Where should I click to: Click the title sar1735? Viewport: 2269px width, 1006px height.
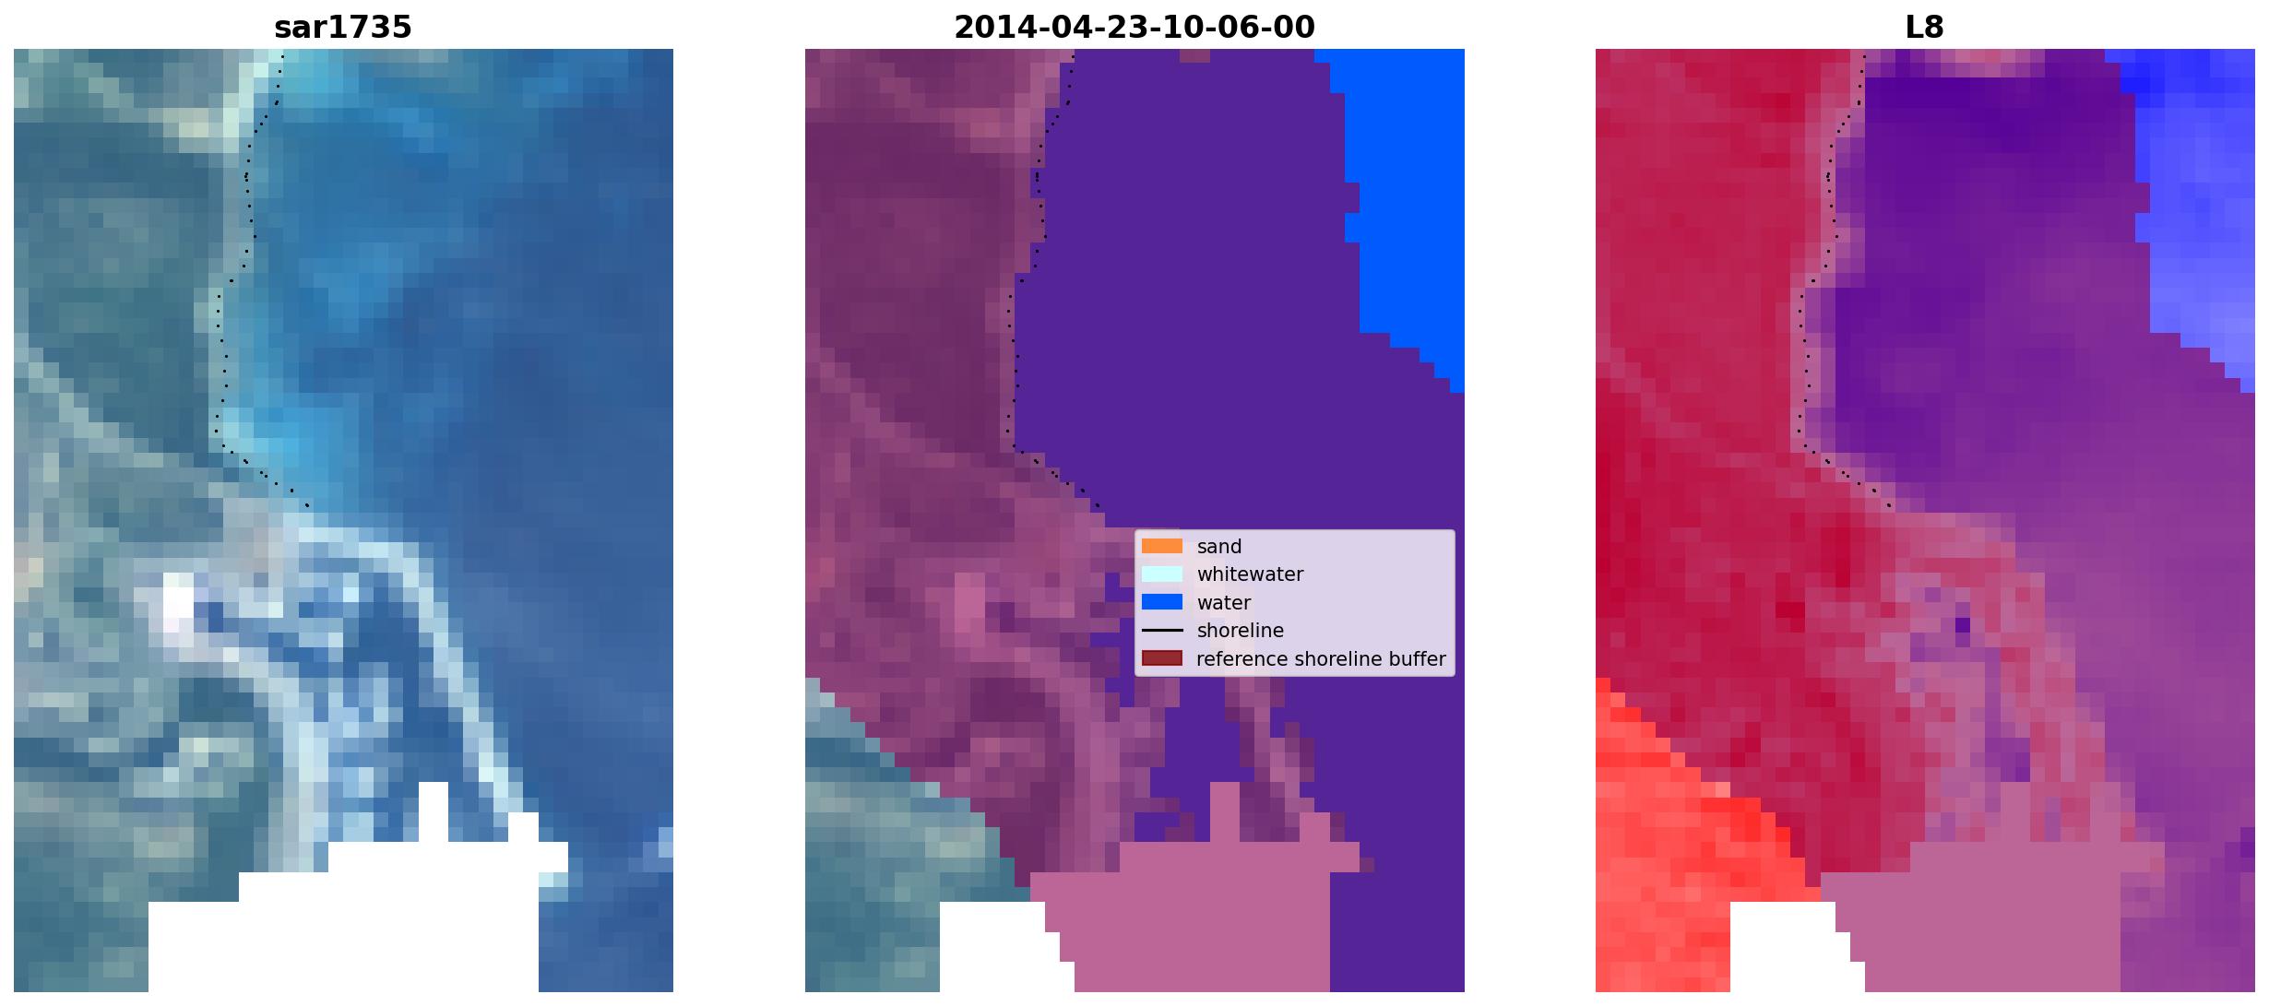point(343,28)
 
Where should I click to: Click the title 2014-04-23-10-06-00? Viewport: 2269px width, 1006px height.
point(1134,28)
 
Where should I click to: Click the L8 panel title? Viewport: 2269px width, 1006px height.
point(1924,28)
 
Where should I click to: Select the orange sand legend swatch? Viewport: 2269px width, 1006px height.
point(1161,546)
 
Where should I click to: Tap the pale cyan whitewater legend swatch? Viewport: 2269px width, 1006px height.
point(1161,574)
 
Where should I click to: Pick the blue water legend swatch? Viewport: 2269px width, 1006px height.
point(1161,602)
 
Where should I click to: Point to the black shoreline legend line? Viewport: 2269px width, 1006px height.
point(1161,631)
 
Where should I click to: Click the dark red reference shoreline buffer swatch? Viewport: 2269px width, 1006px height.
point(1161,658)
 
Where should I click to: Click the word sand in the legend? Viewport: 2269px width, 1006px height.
point(1219,547)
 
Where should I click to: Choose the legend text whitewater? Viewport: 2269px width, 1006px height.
point(1250,574)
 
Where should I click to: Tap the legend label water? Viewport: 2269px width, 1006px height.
point(1224,603)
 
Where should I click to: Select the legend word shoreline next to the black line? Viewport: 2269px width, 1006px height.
point(1241,631)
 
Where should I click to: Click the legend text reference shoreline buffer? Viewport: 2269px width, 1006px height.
point(1321,659)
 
